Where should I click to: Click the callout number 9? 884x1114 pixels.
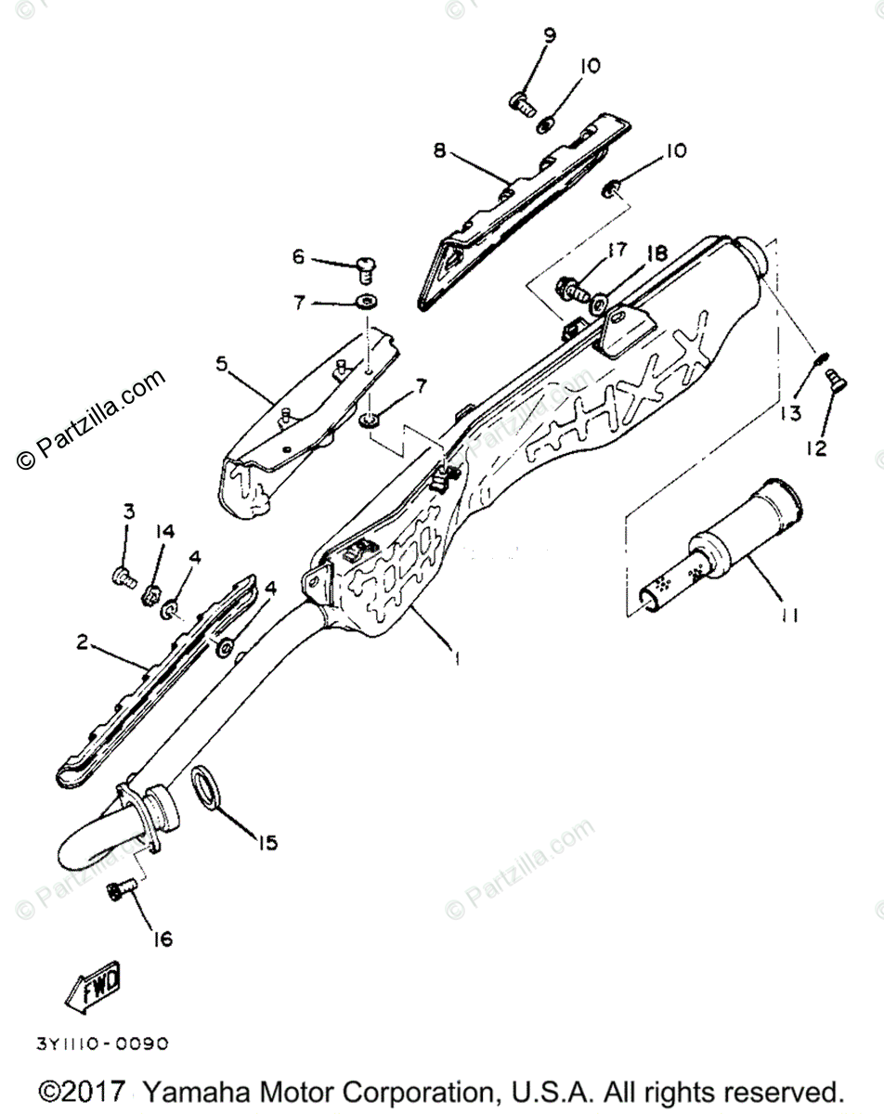coord(550,36)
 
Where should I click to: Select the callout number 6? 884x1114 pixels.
coord(298,257)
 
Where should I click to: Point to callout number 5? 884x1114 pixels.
coord(222,364)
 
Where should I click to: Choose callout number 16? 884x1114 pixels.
coord(162,939)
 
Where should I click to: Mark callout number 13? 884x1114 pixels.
coord(790,412)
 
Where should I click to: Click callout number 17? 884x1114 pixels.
coord(618,250)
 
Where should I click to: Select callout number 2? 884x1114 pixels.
coord(83,642)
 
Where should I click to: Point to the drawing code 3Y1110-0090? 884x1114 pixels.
coord(102,1043)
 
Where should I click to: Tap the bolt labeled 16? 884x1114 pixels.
coord(119,891)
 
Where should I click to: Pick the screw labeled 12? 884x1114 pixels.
coord(832,378)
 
